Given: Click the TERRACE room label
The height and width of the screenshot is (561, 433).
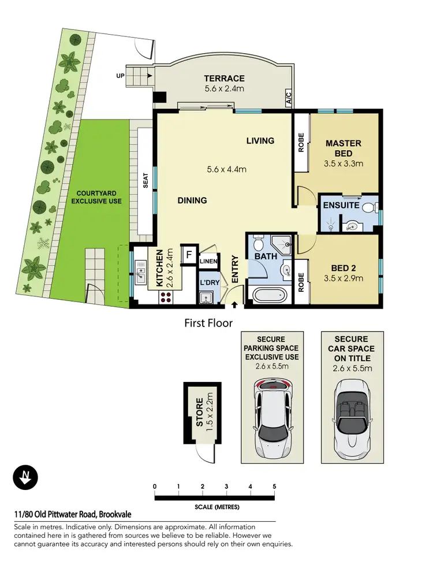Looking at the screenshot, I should [224, 79].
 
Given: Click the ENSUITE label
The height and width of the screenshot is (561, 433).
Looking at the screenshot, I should [341, 205].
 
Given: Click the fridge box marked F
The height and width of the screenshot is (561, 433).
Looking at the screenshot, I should [188, 255].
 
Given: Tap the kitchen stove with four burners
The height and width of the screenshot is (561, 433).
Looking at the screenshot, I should [166, 298].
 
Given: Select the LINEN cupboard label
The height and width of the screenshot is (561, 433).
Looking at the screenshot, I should [208, 262].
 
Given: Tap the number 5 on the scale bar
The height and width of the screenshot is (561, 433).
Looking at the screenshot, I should [274, 486].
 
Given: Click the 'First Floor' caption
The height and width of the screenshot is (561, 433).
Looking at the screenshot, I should [208, 323].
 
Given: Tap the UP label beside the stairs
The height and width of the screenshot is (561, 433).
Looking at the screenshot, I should [120, 76].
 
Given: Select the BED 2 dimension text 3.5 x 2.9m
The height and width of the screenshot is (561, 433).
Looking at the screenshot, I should [343, 278].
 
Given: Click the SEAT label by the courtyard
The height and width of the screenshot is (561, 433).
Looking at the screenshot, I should [145, 181].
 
